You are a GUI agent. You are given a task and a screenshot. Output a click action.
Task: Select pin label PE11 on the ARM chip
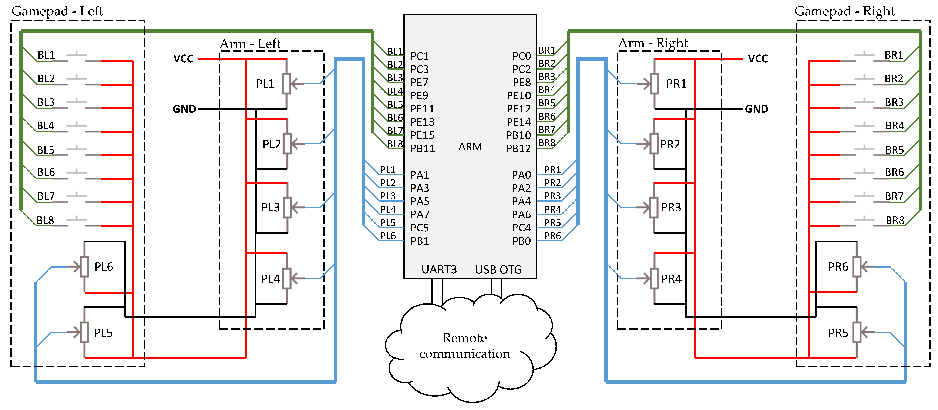(422, 109)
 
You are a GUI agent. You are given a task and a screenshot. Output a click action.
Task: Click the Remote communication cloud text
(465, 346)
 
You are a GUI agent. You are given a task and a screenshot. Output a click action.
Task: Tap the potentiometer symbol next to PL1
(287, 84)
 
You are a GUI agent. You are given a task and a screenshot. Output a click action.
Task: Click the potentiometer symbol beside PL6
(84, 267)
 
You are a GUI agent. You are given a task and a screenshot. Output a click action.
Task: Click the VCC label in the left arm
(183, 59)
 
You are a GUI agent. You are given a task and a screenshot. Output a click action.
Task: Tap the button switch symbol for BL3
(77, 104)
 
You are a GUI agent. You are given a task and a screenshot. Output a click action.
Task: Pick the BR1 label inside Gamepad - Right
(894, 55)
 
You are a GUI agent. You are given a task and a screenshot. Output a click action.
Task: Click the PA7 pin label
(420, 215)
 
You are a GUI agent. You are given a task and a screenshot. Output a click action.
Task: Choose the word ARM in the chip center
(470, 147)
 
